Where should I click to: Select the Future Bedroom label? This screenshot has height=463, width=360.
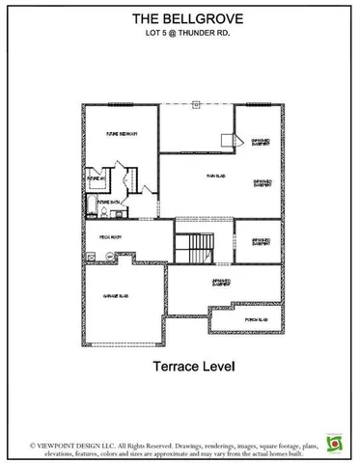(x=121, y=134)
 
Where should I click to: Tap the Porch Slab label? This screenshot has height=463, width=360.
(x=258, y=319)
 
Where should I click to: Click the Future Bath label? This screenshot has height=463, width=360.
(x=116, y=202)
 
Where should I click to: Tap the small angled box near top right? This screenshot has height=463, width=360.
(x=228, y=140)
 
